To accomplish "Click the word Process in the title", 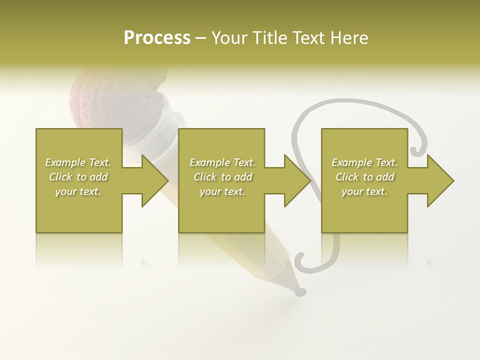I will [x=157, y=38].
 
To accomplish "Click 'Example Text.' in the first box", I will [x=78, y=162].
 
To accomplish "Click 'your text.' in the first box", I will [x=78, y=191].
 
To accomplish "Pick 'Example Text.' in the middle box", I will [x=222, y=162].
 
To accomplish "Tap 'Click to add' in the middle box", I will [x=222, y=177].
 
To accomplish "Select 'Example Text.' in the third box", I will [x=364, y=162].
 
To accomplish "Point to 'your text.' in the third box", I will [x=364, y=191].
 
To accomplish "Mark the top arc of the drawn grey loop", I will [x=350, y=102].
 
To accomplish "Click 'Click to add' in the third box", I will [x=364, y=177].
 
